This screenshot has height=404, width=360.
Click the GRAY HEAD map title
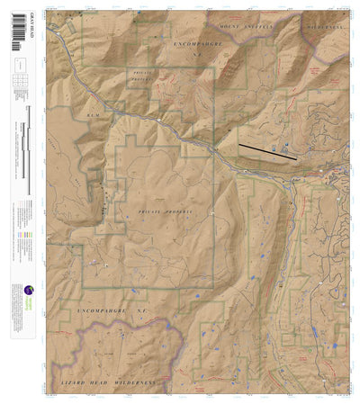click(19, 21)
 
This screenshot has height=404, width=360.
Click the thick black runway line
click(267, 150)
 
